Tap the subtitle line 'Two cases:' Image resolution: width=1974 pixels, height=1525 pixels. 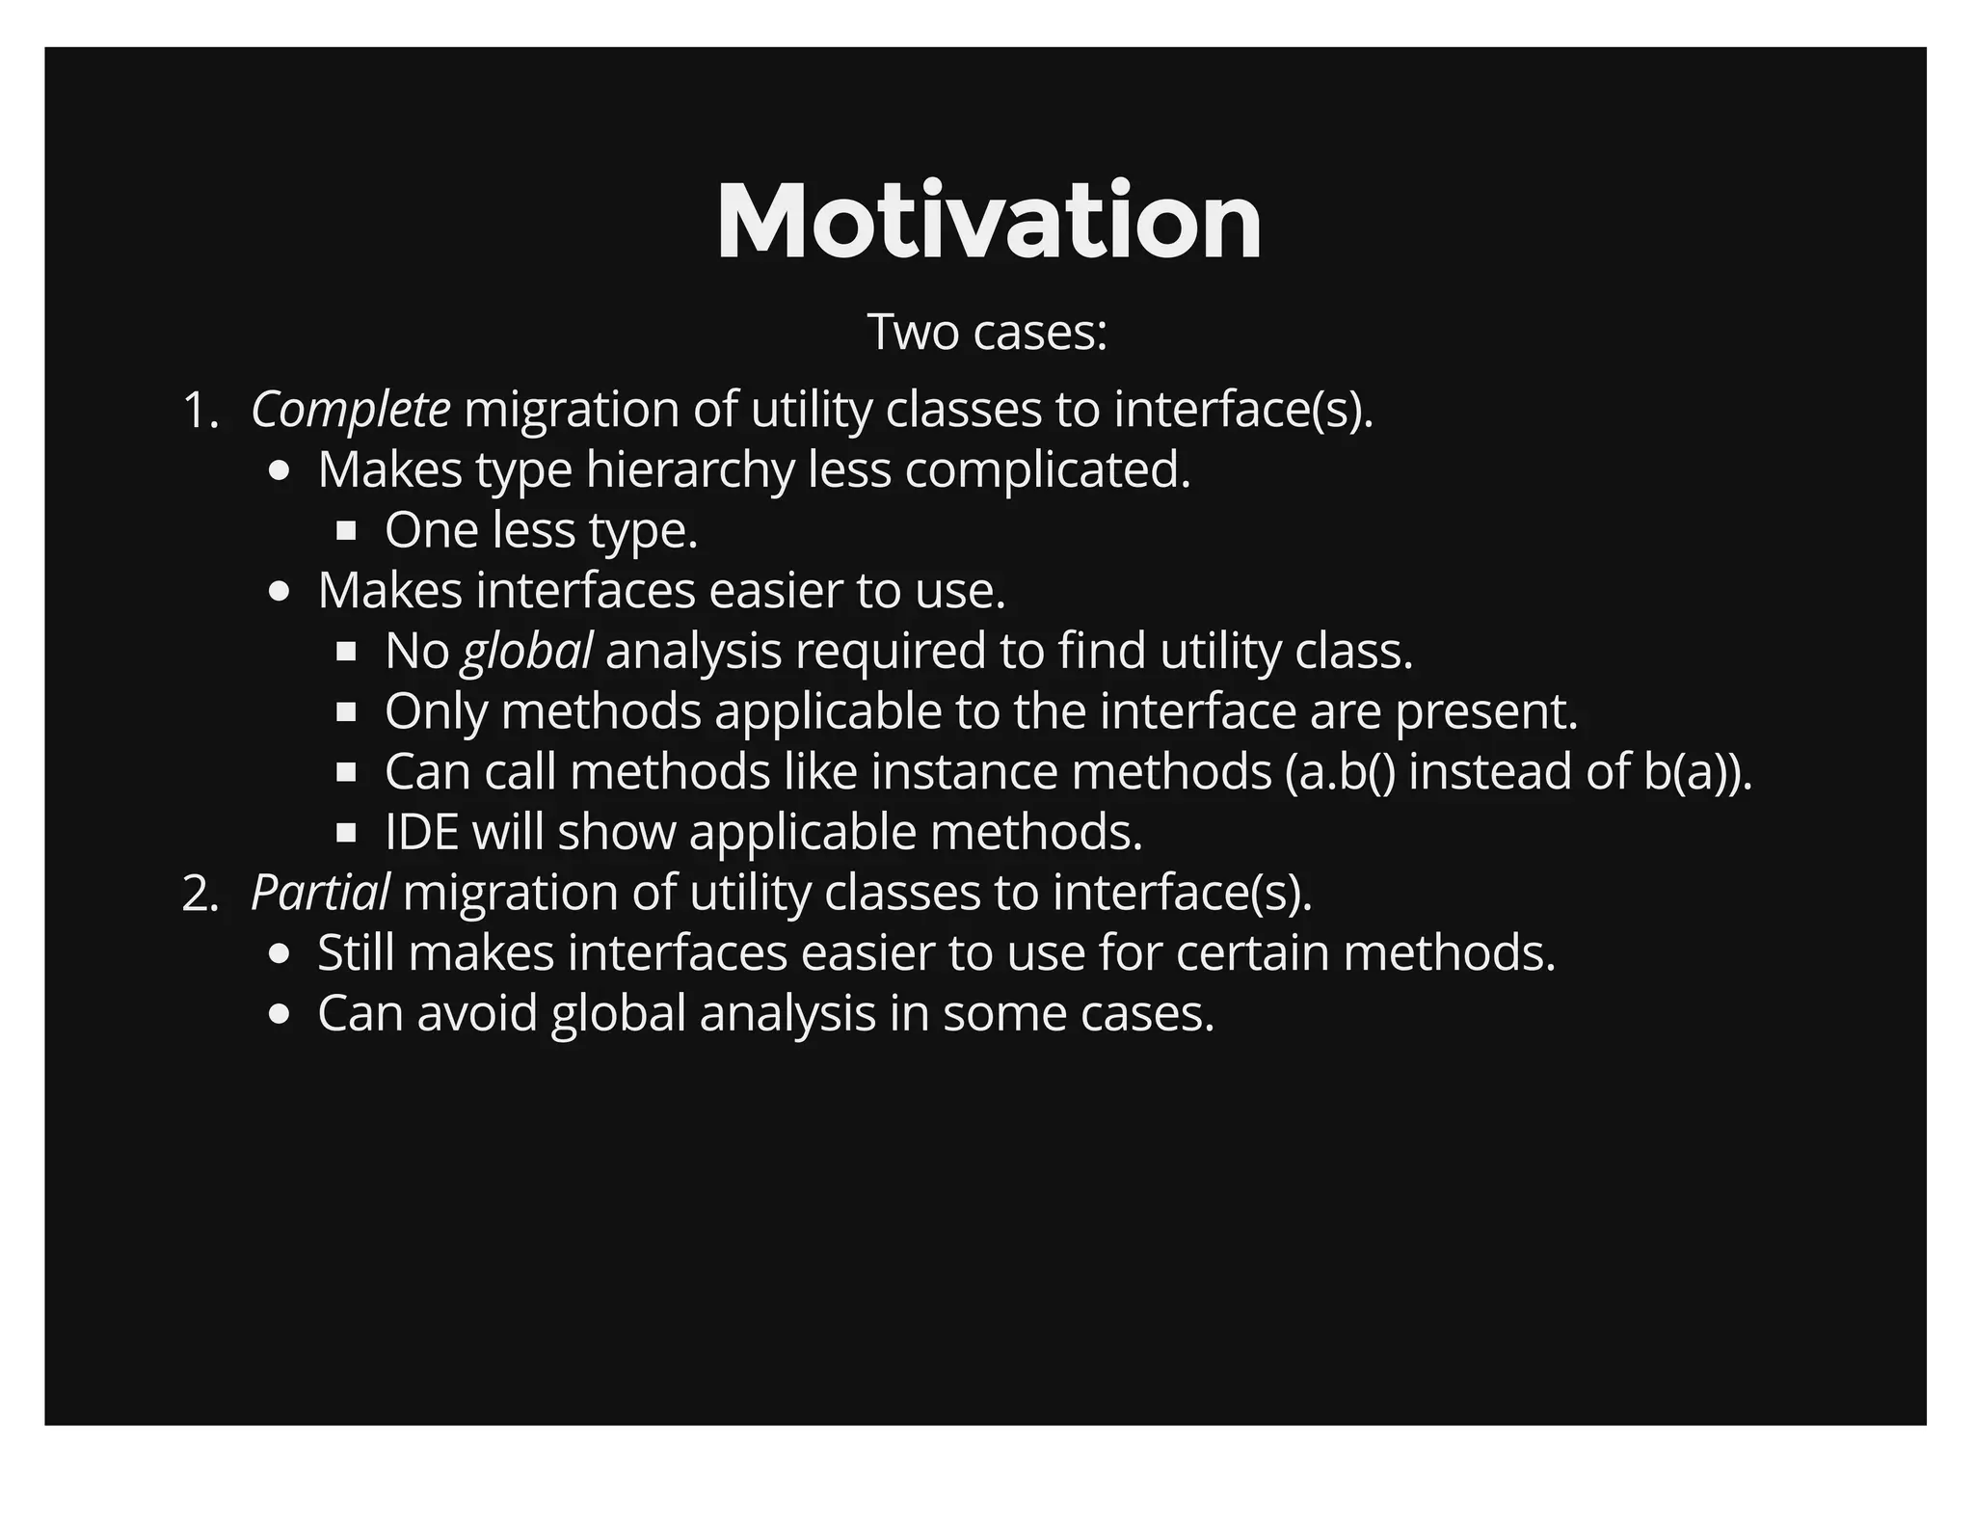(x=987, y=332)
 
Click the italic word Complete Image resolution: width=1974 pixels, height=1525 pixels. (x=350, y=410)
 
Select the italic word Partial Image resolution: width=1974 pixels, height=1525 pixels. (x=320, y=893)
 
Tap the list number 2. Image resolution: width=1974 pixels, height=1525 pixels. (x=200, y=894)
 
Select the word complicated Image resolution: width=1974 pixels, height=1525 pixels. (x=1048, y=470)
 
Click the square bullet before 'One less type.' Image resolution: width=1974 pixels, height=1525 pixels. (x=347, y=530)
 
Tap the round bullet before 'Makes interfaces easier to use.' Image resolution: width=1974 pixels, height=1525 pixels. (x=280, y=591)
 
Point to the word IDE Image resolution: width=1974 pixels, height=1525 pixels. (x=421, y=832)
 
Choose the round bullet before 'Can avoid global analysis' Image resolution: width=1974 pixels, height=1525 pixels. (x=280, y=1014)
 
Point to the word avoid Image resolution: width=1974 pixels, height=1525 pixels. (x=476, y=1013)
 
